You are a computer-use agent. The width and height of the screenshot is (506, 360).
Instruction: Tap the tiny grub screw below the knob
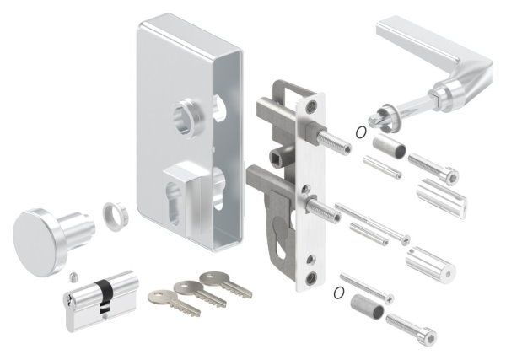click(73, 276)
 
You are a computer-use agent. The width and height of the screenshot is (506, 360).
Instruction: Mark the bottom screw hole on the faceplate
click(313, 277)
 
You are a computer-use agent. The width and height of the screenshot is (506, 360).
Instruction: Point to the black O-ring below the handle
click(361, 131)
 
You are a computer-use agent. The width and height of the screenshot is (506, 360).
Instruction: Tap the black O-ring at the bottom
click(339, 293)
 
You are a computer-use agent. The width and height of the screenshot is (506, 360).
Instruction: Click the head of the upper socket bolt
click(451, 176)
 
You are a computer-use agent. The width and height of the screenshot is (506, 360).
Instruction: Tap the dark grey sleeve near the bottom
click(369, 308)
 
